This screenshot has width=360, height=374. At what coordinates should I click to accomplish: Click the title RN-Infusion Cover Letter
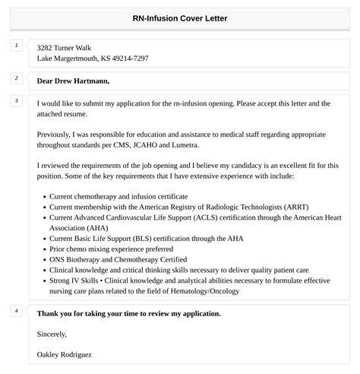click(180, 18)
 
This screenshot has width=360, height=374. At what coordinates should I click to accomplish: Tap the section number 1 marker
click(16, 46)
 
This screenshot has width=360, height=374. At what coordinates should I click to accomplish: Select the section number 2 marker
click(16, 78)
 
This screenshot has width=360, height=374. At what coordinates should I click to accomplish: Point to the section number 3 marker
click(16, 101)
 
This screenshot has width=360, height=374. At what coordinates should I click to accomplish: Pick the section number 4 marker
click(16, 311)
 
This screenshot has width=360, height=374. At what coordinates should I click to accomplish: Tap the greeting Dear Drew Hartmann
click(73, 80)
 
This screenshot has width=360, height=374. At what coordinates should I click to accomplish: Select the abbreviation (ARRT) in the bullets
click(287, 206)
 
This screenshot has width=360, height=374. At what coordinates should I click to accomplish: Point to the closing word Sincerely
click(52, 334)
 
